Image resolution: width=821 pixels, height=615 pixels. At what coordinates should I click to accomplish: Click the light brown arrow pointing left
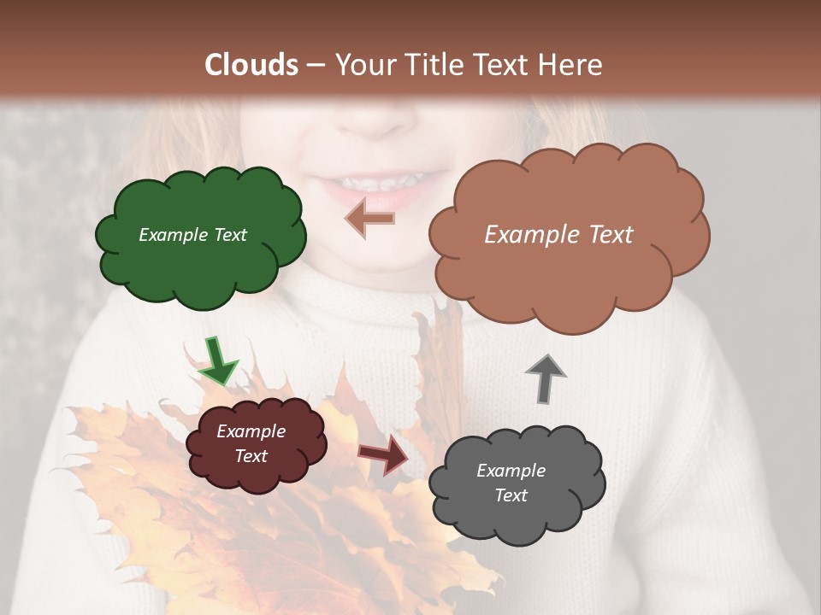pos(369,219)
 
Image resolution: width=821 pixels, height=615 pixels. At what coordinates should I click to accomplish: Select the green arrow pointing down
pos(217,360)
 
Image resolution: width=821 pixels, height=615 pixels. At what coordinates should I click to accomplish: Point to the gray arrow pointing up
pos(546,378)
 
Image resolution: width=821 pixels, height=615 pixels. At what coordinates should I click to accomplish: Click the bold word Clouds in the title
pos(251,65)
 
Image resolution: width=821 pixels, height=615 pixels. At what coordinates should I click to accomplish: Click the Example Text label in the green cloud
pos(192,235)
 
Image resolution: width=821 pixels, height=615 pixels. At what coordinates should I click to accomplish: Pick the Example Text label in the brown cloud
pos(558,235)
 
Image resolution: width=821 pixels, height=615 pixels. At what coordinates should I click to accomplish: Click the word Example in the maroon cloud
pos(251,431)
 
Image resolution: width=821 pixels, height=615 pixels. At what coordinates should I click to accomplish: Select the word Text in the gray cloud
pos(511,495)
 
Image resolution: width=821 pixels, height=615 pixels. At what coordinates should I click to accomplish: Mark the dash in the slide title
pos(315,65)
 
